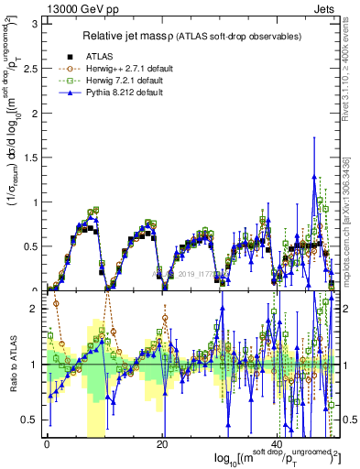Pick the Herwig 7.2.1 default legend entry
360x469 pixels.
click(x=127, y=80)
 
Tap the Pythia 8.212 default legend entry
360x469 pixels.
click(x=125, y=92)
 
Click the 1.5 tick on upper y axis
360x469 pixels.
click(x=28, y=156)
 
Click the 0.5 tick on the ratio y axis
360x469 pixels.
click(x=28, y=420)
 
